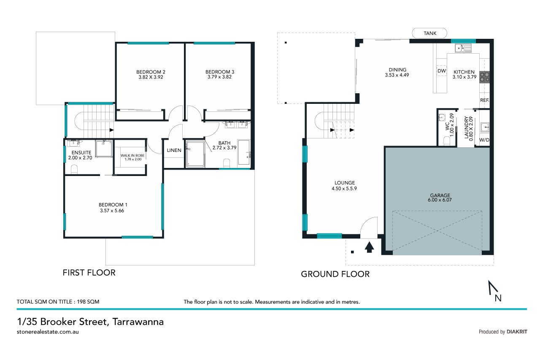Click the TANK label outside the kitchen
click(430, 33)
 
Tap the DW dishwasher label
click(441, 71)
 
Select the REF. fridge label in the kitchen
click(484, 100)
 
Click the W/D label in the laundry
click(484, 140)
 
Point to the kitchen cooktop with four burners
click(484, 77)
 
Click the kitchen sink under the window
click(463, 48)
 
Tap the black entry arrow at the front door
click(369, 247)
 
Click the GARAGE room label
click(440, 195)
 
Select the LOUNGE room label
click(345, 183)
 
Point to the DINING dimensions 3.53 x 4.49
click(397, 75)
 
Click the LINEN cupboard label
click(174, 150)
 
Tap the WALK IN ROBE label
click(132, 156)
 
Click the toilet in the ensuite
click(74, 169)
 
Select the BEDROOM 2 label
click(151, 72)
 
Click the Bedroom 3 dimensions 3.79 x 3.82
click(219, 77)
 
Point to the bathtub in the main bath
click(244, 152)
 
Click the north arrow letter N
click(498, 298)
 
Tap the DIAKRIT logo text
click(517, 332)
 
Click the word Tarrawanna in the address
click(138, 322)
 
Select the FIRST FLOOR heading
click(89, 273)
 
